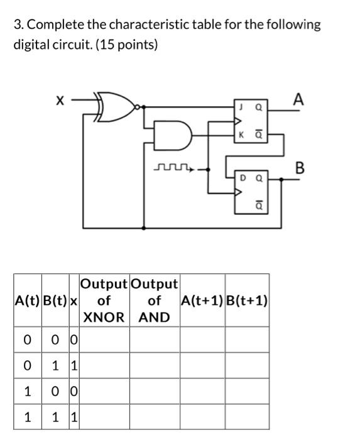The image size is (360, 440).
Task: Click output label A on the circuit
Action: [298, 99]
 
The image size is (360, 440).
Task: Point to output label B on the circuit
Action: [300, 168]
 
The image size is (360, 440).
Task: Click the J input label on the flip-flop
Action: [240, 107]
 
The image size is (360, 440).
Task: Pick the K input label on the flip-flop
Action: [240, 135]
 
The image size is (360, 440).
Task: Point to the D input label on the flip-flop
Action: [240, 179]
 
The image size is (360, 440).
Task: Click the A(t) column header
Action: [26, 300]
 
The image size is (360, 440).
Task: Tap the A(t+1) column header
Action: [202, 300]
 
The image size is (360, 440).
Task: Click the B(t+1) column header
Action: [247, 300]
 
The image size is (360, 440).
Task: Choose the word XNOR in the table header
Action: [104, 317]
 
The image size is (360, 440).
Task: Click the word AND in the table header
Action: [155, 317]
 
